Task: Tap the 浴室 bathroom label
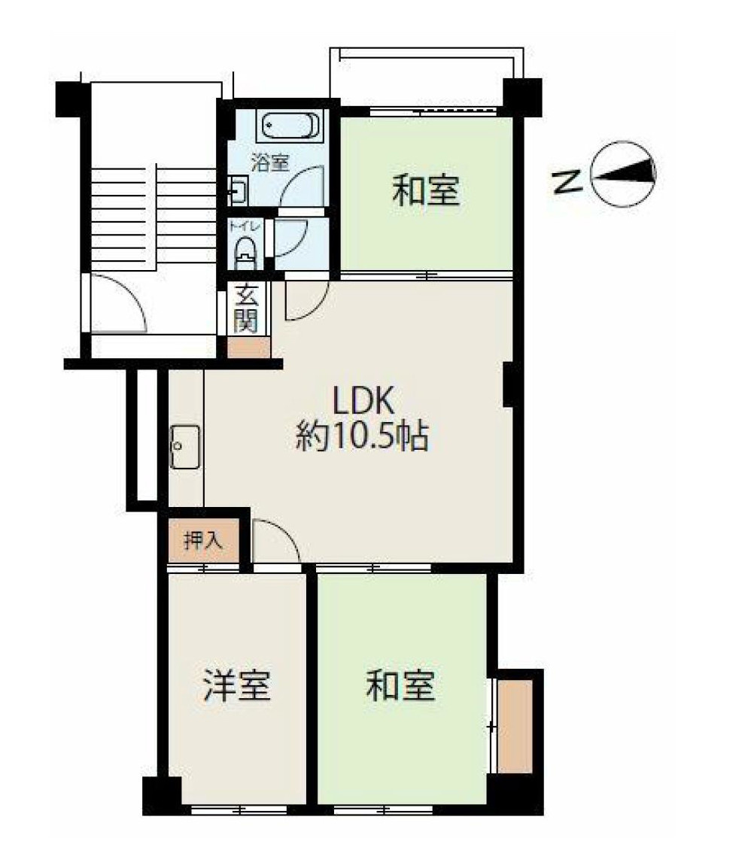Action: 270,162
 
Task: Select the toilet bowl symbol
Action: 245,253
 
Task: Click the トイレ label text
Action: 245,225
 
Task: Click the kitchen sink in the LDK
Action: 185,447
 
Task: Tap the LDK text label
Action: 363,401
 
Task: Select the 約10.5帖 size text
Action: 363,436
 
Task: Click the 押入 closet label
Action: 203,541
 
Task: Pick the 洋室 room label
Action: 237,685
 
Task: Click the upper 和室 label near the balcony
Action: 426,190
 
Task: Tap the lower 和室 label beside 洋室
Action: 400,685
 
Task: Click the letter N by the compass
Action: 567,181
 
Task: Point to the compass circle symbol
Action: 623,174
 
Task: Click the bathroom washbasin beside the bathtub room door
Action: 238,190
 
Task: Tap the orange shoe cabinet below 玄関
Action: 248,347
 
